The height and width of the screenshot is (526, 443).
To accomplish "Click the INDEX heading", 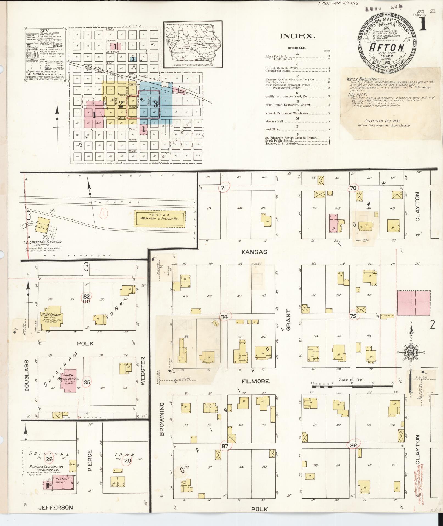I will point(297,36).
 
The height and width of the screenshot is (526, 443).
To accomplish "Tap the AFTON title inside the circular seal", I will point(387,47).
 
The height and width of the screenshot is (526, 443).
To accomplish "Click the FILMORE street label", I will point(255,381).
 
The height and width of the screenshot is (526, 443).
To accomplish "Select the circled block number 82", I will point(87,296).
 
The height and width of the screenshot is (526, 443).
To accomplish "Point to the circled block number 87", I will point(225,446).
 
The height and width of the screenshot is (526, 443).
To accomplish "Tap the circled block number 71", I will point(223,188).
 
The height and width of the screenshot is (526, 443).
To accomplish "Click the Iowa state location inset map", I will point(193,45).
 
